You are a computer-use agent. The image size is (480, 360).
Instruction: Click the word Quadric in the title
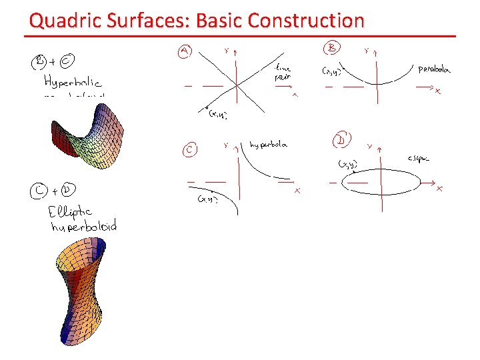[58, 21]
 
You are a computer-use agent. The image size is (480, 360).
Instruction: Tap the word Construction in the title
[305, 21]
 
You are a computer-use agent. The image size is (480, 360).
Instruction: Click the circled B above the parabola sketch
[331, 48]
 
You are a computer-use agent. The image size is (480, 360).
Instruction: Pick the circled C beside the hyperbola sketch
[189, 150]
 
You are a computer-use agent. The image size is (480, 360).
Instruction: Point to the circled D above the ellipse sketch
[343, 141]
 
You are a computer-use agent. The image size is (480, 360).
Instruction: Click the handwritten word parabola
[434, 68]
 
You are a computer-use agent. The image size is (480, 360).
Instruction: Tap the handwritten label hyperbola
[268, 145]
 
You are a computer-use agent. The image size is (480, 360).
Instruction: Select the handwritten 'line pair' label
[283, 71]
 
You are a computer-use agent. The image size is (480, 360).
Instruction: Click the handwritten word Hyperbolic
[72, 83]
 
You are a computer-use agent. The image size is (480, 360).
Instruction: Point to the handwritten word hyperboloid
[83, 227]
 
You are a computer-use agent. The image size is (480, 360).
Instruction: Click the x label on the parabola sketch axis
[437, 91]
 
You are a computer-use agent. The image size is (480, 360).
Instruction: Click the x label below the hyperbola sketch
[297, 191]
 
